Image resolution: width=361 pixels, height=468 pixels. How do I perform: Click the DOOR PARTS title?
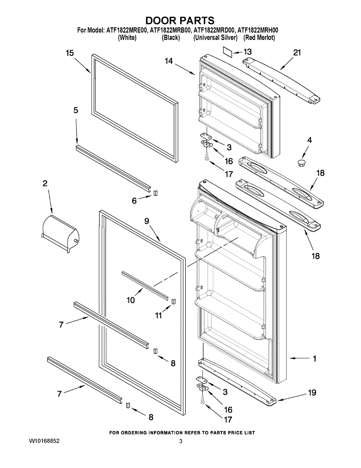click(x=180, y=20)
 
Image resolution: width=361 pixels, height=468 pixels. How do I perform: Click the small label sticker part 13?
click(x=227, y=52)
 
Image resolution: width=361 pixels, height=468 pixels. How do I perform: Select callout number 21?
click(x=297, y=53)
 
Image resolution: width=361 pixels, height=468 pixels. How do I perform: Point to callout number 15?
click(x=70, y=53)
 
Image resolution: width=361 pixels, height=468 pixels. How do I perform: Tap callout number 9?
click(x=146, y=221)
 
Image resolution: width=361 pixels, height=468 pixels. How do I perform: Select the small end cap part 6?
click(x=156, y=193)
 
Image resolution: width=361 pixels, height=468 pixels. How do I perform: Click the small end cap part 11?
click(x=173, y=301)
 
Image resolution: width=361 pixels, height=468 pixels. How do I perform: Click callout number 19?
click(x=312, y=393)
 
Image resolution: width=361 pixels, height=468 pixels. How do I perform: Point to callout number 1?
click(x=315, y=358)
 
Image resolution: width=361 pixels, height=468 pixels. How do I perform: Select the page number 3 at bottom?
click(x=181, y=441)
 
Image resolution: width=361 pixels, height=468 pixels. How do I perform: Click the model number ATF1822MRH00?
click(x=258, y=30)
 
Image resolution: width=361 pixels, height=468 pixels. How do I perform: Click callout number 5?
click(x=76, y=110)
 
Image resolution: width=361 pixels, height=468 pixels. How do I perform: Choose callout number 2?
click(x=45, y=183)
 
